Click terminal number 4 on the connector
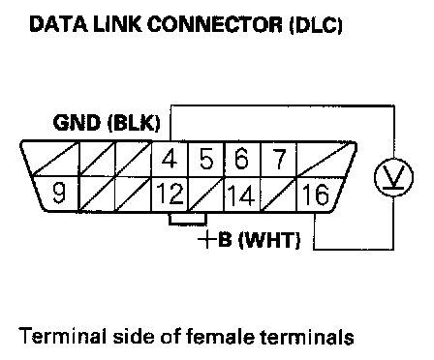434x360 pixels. [170, 159]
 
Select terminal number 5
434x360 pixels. [206, 159]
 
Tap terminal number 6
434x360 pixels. [242, 159]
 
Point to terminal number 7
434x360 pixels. [278, 159]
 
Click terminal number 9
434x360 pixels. [59, 193]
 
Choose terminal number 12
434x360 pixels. [170, 194]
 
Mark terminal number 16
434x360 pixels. [316, 195]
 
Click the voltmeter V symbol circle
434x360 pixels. [393, 177]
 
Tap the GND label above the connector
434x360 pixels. [77, 123]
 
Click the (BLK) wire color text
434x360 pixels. [134, 123]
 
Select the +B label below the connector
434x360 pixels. [215, 239]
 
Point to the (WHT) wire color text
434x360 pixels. [269, 240]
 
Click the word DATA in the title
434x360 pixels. [58, 24]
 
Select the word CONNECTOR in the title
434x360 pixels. [215, 24]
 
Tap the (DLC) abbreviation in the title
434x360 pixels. [316, 24]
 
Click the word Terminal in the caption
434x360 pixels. [62, 336]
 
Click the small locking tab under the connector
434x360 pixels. [188, 218]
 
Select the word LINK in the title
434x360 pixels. [117, 24]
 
